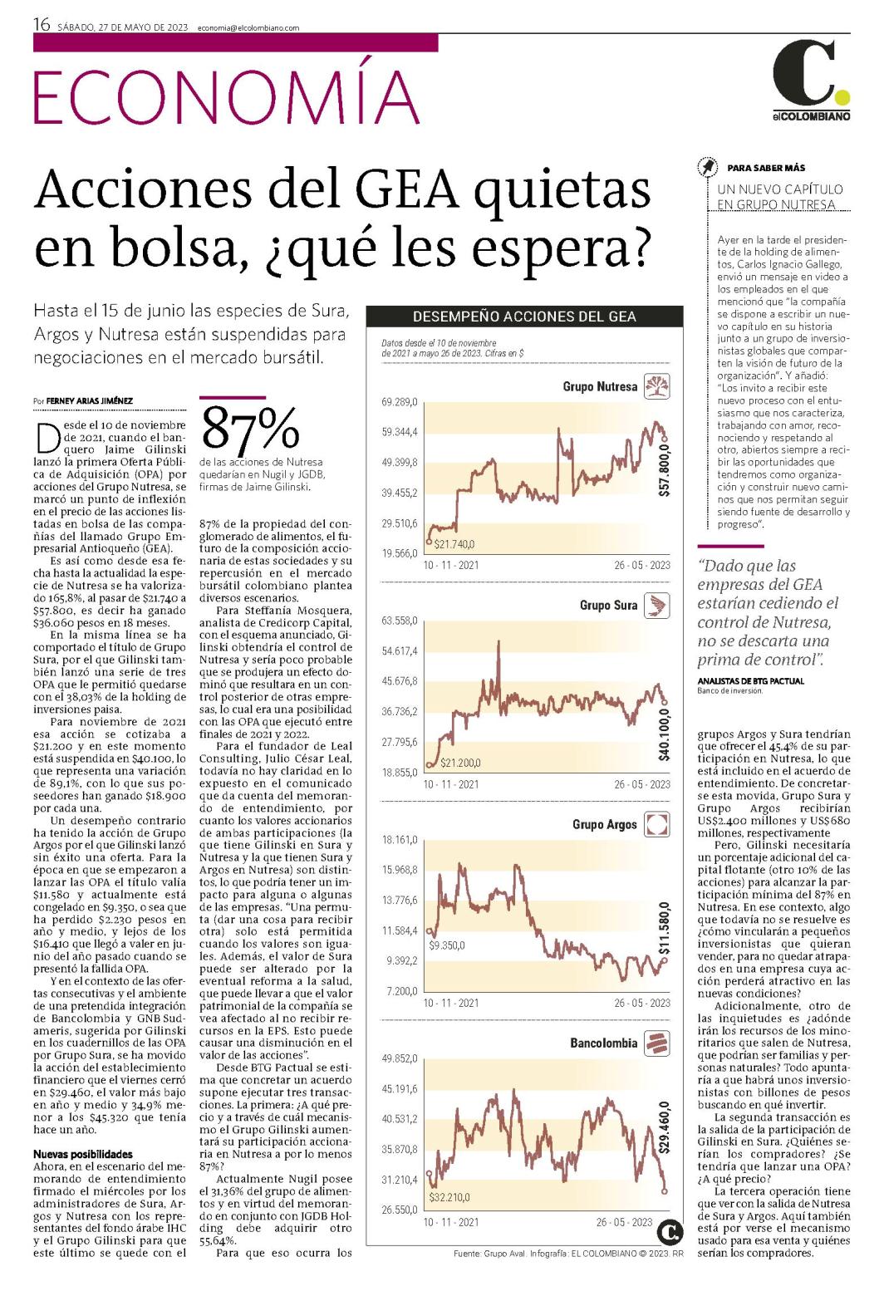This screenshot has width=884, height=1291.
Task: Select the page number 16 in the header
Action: coord(42,24)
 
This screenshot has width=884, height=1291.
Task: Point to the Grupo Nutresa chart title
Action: coord(600,387)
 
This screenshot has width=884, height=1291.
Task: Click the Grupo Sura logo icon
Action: coord(656,605)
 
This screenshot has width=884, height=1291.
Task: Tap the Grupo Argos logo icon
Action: coord(656,824)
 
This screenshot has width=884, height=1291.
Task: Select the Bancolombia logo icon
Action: coord(656,1043)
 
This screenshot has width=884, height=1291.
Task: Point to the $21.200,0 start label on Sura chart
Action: coord(460,763)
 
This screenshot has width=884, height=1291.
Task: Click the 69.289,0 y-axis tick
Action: coord(400,402)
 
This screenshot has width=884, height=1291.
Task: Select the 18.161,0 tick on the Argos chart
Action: coord(400,840)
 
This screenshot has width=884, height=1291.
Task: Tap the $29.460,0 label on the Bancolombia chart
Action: coord(665,1127)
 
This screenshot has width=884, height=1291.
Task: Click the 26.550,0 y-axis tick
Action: coord(400,1210)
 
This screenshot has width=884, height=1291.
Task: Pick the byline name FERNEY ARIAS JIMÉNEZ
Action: coord(90,400)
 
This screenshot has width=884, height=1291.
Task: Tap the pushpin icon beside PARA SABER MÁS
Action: coord(707,168)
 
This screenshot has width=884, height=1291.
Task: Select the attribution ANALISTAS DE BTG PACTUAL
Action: coord(750,680)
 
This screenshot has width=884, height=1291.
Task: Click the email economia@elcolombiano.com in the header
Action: coord(248,27)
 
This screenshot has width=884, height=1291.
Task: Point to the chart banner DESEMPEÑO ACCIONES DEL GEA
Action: coord(524,317)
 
